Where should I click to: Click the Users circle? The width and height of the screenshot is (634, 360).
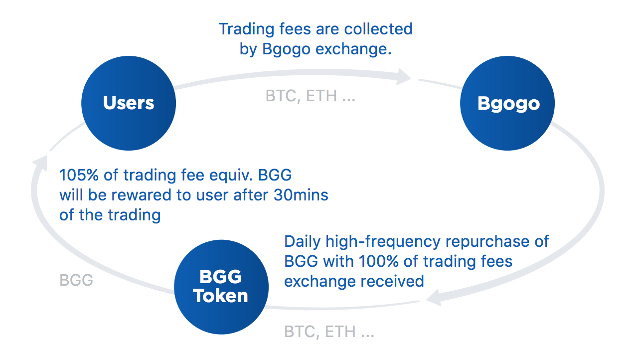pyautogui.click(x=129, y=103)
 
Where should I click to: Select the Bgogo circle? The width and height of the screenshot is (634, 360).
pyautogui.click(x=507, y=103)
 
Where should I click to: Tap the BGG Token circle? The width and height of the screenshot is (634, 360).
pyautogui.click(x=221, y=287)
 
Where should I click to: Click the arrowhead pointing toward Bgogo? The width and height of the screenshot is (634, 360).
pyautogui.click(x=403, y=76)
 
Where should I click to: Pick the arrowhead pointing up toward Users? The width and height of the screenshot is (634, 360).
pyautogui.click(x=41, y=163)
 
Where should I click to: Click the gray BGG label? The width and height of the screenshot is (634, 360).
pyautogui.click(x=76, y=280)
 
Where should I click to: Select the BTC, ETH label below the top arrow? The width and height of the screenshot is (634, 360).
pyautogui.click(x=310, y=96)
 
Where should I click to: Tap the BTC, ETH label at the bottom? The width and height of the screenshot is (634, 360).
pyautogui.click(x=329, y=332)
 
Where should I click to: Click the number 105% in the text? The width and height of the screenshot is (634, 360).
pyautogui.click(x=79, y=175)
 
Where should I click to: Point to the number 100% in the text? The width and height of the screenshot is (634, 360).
pyautogui.click(x=379, y=261)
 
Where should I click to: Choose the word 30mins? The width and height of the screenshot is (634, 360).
pyautogui.click(x=301, y=195)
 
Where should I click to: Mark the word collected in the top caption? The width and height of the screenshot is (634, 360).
pyautogui.click(x=378, y=29)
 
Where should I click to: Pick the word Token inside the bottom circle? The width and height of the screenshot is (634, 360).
pyautogui.click(x=220, y=296)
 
